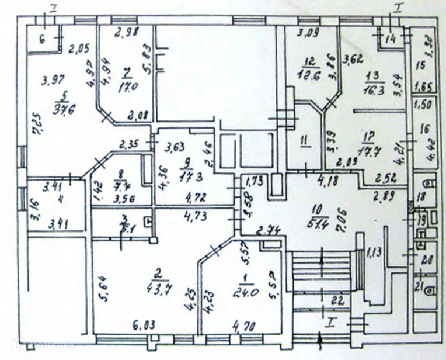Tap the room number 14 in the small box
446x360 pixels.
pos(391,39)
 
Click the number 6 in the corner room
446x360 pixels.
pos(42,40)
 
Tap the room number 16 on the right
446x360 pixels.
pos(424,130)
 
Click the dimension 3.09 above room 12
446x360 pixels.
pos(308,33)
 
